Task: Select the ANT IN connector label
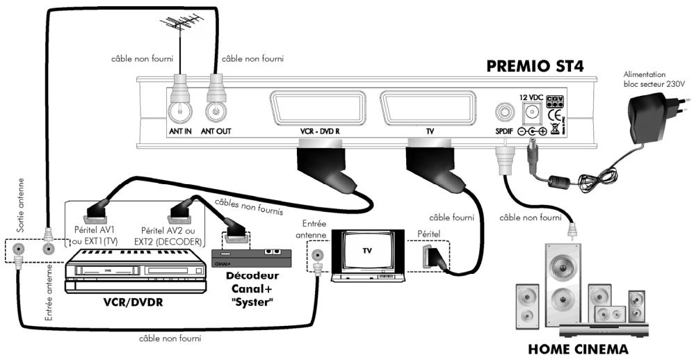tap(180, 131)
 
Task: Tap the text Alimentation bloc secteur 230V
tap(654, 79)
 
